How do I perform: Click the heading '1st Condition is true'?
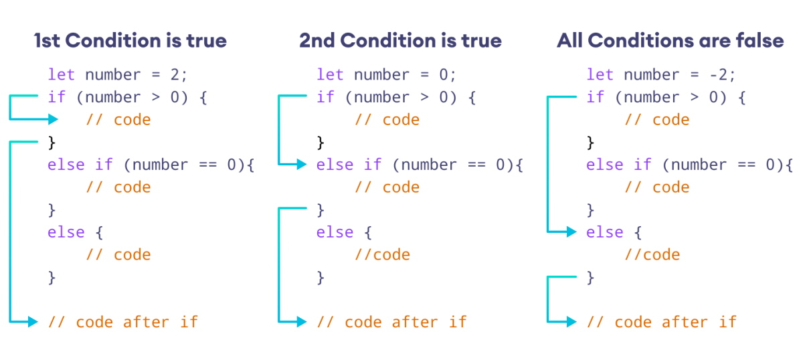pyautogui.click(x=130, y=41)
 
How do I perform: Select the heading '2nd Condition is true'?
pyautogui.click(x=400, y=41)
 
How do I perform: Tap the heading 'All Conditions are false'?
pyautogui.click(x=670, y=41)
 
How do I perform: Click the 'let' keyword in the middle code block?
pyautogui.click(x=330, y=74)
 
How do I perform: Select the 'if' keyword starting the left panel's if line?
pyautogui.click(x=57, y=97)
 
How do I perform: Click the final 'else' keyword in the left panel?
pyautogui.click(x=66, y=232)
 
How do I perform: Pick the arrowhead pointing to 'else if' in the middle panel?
pyautogui.click(x=302, y=165)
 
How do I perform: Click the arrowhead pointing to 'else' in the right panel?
pyautogui.click(x=572, y=232)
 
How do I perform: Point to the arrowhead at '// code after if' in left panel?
pyautogui.click(x=34, y=322)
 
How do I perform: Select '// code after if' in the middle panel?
pyautogui.click(x=391, y=322)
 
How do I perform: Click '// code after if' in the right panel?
pyautogui.click(x=661, y=322)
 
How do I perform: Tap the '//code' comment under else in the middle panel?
pyautogui.click(x=382, y=255)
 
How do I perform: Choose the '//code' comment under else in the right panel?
pyautogui.click(x=652, y=255)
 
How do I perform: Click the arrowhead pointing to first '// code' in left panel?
pyautogui.click(x=54, y=120)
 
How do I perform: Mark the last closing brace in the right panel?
pyautogui.click(x=590, y=277)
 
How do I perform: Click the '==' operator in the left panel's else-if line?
pyautogui.click(x=207, y=165)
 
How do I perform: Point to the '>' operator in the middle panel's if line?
pyautogui.click(x=424, y=97)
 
